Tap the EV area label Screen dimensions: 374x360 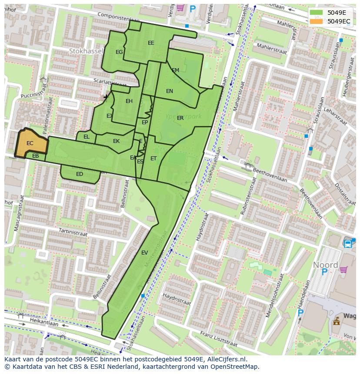[144, 253]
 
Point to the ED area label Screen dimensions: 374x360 [80, 174]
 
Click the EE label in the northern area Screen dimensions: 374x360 [151, 43]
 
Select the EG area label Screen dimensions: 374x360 [119, 52]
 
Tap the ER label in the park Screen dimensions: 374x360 [180, 118]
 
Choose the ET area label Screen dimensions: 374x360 [153, 159]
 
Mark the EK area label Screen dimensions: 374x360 [116, 141]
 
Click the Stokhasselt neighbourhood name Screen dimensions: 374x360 [86, 51]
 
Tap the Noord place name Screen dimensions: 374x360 [325, 265]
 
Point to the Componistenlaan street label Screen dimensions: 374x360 [118, 17]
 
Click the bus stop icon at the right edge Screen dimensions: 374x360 [348, 244]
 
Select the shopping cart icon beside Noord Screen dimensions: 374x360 [343, 270]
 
